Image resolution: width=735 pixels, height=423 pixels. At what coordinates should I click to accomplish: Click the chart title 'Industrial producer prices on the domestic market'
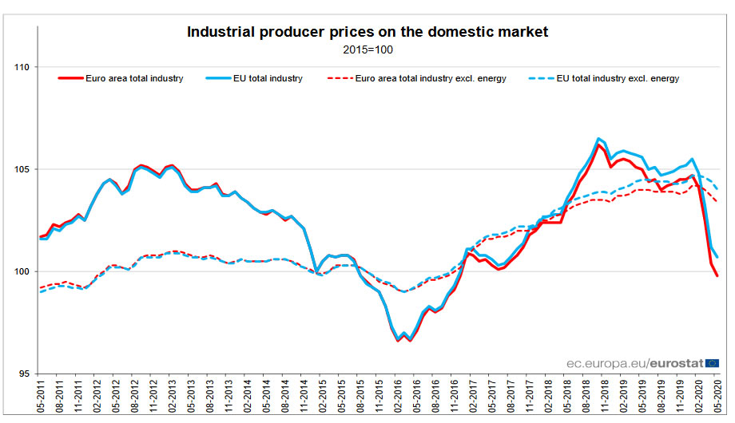(x=367, y=33)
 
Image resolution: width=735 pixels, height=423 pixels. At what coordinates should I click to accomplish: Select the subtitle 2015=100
(x=367, y=49)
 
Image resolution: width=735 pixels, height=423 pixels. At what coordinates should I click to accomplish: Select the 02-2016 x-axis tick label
(x=398, y=397)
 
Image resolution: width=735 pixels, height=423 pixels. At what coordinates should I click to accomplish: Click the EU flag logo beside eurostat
(x=712, y=362)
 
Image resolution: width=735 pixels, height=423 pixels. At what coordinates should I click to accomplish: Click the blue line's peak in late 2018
(x=598, y=138)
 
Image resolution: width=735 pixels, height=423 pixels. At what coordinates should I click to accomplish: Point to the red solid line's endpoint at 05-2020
(x=717, y=276)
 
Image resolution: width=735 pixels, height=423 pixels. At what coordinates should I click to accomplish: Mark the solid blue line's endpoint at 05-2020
(x=717, y=257)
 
